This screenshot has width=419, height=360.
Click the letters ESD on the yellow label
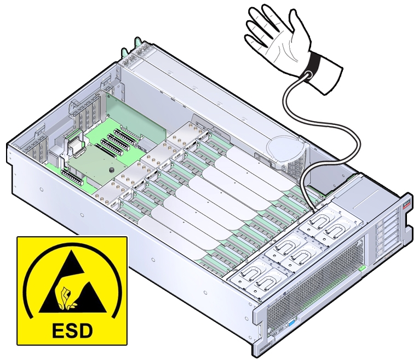72,330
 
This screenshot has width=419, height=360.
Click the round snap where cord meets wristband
307,75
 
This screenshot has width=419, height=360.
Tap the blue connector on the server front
291,324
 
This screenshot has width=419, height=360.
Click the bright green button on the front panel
362,268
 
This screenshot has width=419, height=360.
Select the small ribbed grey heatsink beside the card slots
145,144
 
